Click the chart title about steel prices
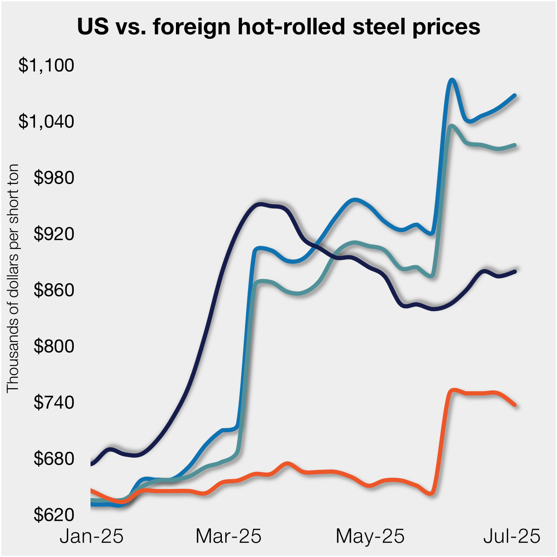pos(278,27)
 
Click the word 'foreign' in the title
pos(191,27)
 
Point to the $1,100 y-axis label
pos(46,65)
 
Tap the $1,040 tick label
pos(46,121)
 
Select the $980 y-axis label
pos(54,178)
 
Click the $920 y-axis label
pos(54,234)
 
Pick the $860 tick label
pos(54,290)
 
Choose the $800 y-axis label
pos(54,346)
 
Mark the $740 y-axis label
pos(54,402)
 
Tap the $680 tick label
pos(54,458)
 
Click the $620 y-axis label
pos(54,514)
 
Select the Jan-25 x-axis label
pos(92,536)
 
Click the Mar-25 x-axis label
pos(229,536)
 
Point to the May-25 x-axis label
pos(370,536)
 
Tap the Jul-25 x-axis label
pos(512,536)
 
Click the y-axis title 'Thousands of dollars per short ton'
pos(13,278)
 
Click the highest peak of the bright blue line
pos(452,80)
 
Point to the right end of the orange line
pos(515,405)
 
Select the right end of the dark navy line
pos(515,271)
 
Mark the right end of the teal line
pos(515,145)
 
